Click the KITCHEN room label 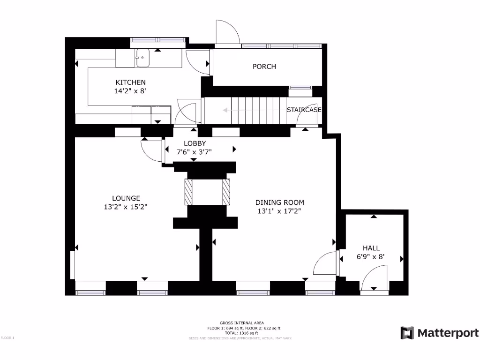coord(131,82)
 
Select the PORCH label coord(264,67)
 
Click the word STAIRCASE coord(304,110)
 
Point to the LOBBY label coord(195,143)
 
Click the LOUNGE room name coord(126,198)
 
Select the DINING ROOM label coord(279,202)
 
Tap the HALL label coord(371,248)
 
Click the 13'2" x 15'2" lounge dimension coord(126,207)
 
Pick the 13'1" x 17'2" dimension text coord(279,211)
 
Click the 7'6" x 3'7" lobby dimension coord(195,152)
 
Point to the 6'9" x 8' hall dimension coord(371,256)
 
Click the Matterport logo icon coord(407,333)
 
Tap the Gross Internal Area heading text coord(242,322)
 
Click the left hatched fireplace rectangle coord(188,192)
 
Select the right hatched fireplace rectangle coord(226,192)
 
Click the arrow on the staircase coord(225,111)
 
